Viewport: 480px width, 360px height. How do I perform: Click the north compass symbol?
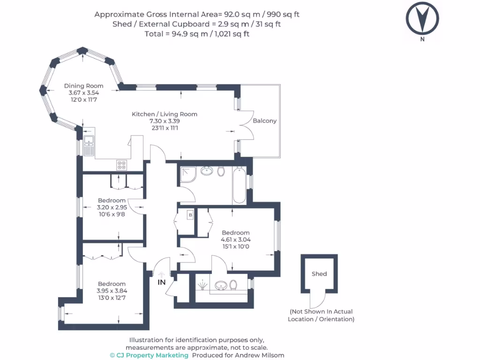(x=422, y=19)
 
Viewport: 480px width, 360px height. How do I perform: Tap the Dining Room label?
(x=84, y=86)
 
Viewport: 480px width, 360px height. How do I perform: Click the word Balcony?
(x=264, y=120)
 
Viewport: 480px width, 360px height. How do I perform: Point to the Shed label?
(x=319, y=274)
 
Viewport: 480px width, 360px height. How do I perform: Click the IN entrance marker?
(x=162, y=282)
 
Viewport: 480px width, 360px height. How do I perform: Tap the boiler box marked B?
(x=190, y=215)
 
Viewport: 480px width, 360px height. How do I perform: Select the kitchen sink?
(x=89, y=145)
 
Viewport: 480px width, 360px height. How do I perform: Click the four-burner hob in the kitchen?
(x=122, y=165)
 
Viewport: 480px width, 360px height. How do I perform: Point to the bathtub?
(x=239, y=186)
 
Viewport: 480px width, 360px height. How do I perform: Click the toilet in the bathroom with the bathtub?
(x=221, y=171)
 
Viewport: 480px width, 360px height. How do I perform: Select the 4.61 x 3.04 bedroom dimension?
(x=235, y=240)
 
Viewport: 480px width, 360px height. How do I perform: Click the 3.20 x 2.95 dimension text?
(x=111, y=207)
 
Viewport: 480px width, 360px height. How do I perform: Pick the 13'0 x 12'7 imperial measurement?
(x=112, y=297)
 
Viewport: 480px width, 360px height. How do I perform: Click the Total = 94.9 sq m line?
(x=197, y=34)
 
